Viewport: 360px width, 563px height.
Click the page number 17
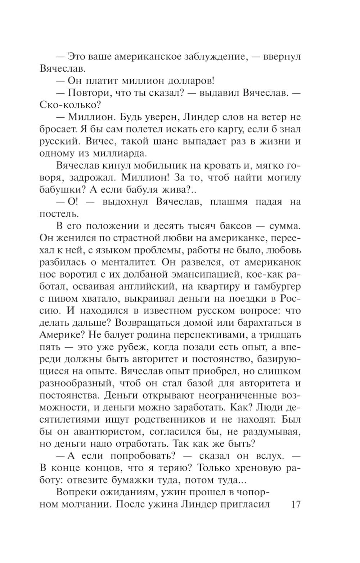point(296,504)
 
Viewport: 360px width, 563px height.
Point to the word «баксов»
point(234,226)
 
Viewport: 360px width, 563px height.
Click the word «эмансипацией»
point(206,274)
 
